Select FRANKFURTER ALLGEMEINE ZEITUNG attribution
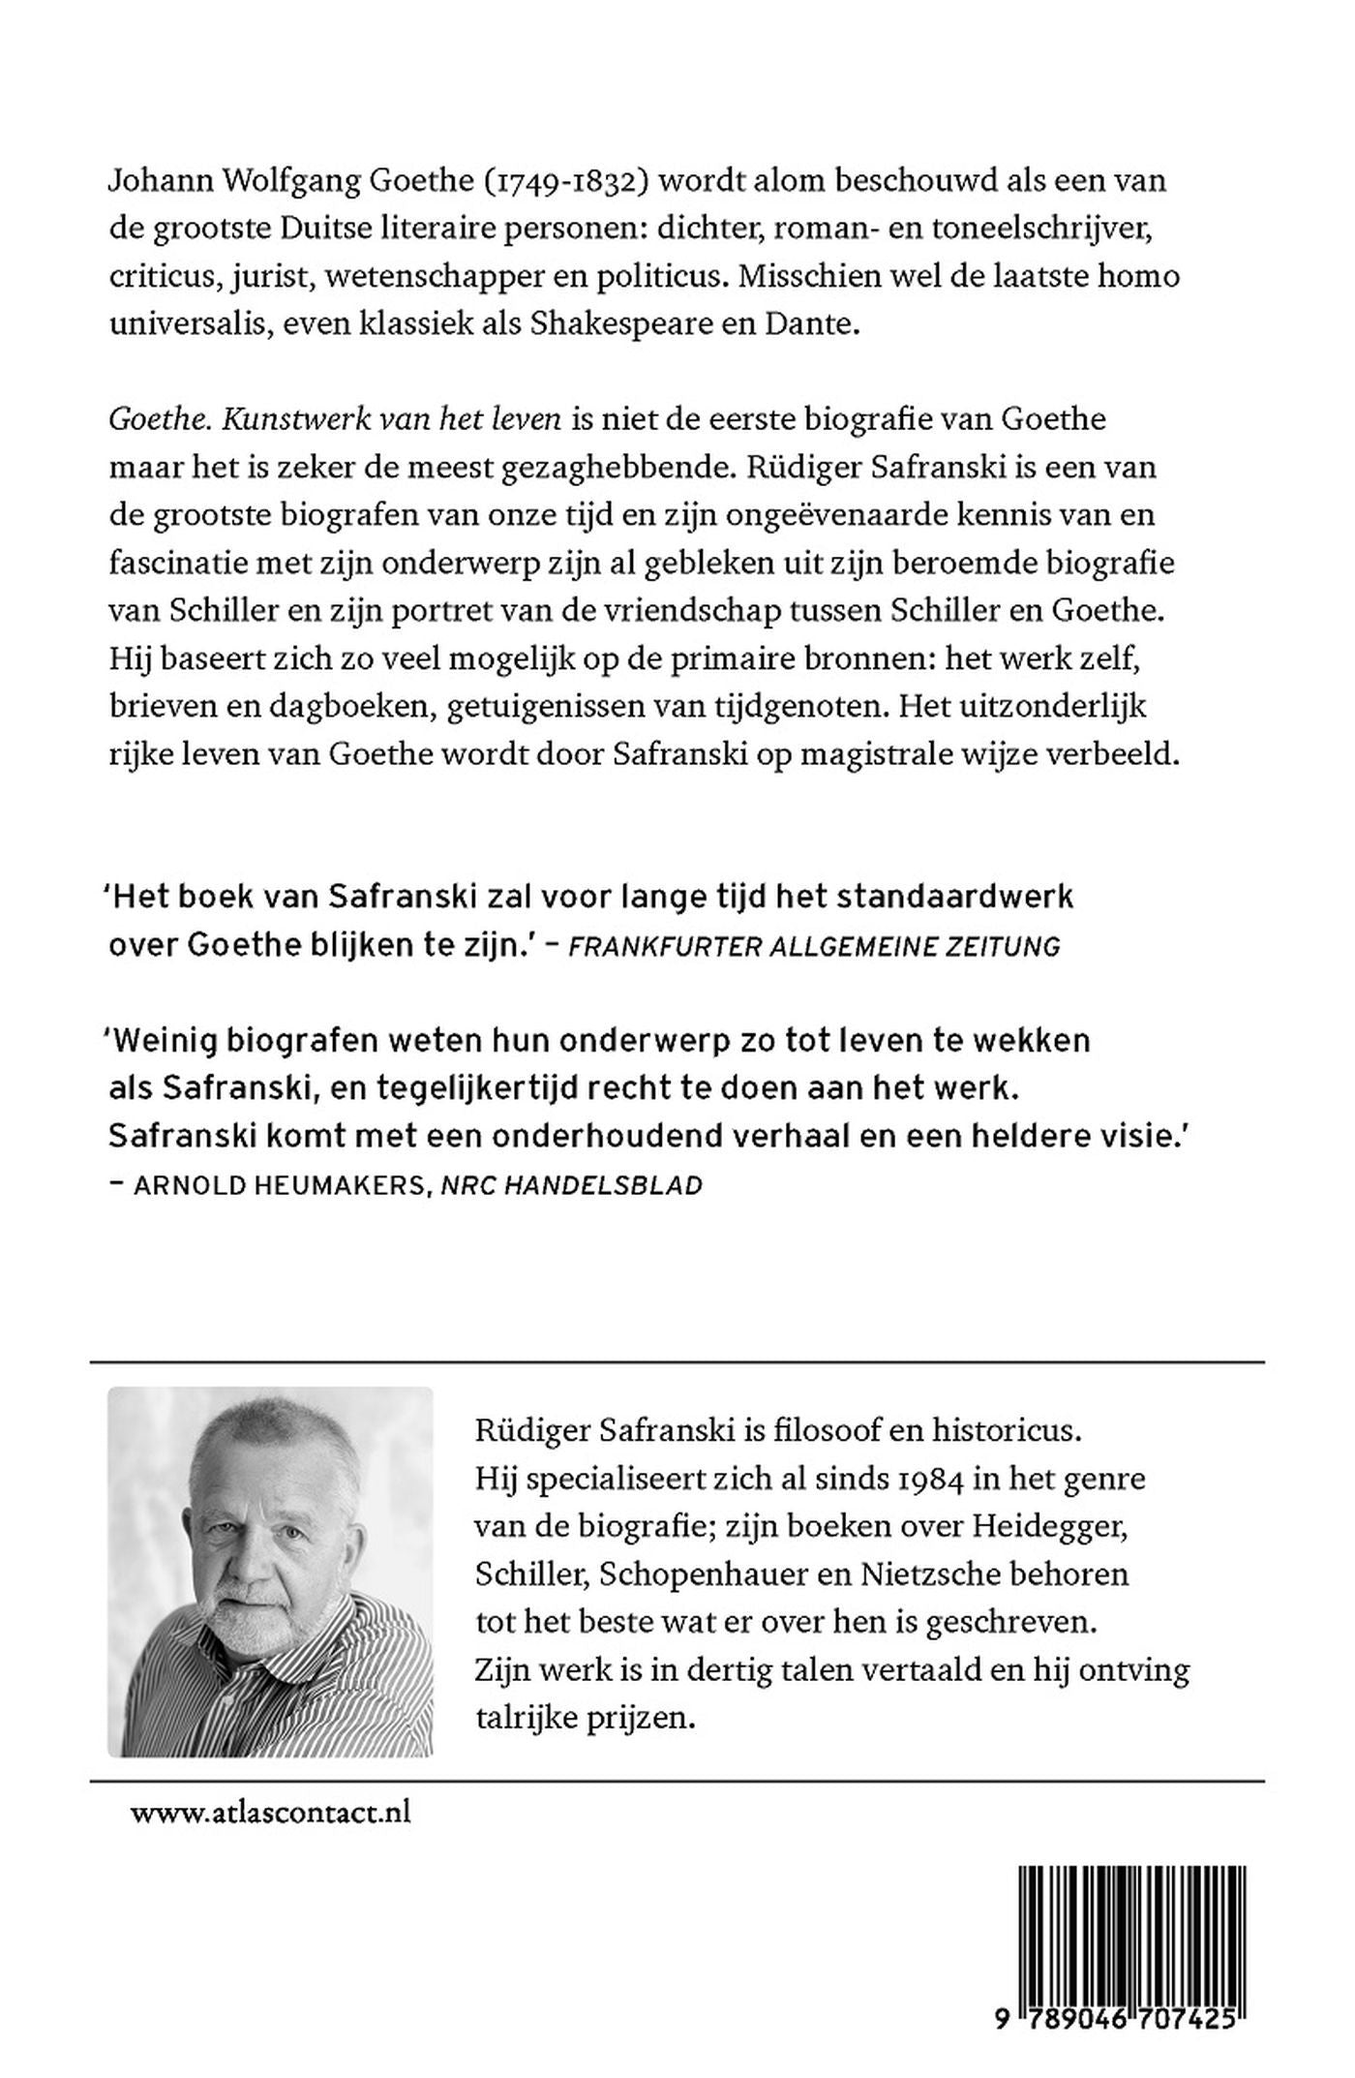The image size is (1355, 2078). (814, 946)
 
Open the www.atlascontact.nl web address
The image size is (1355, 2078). (270, 1812)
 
